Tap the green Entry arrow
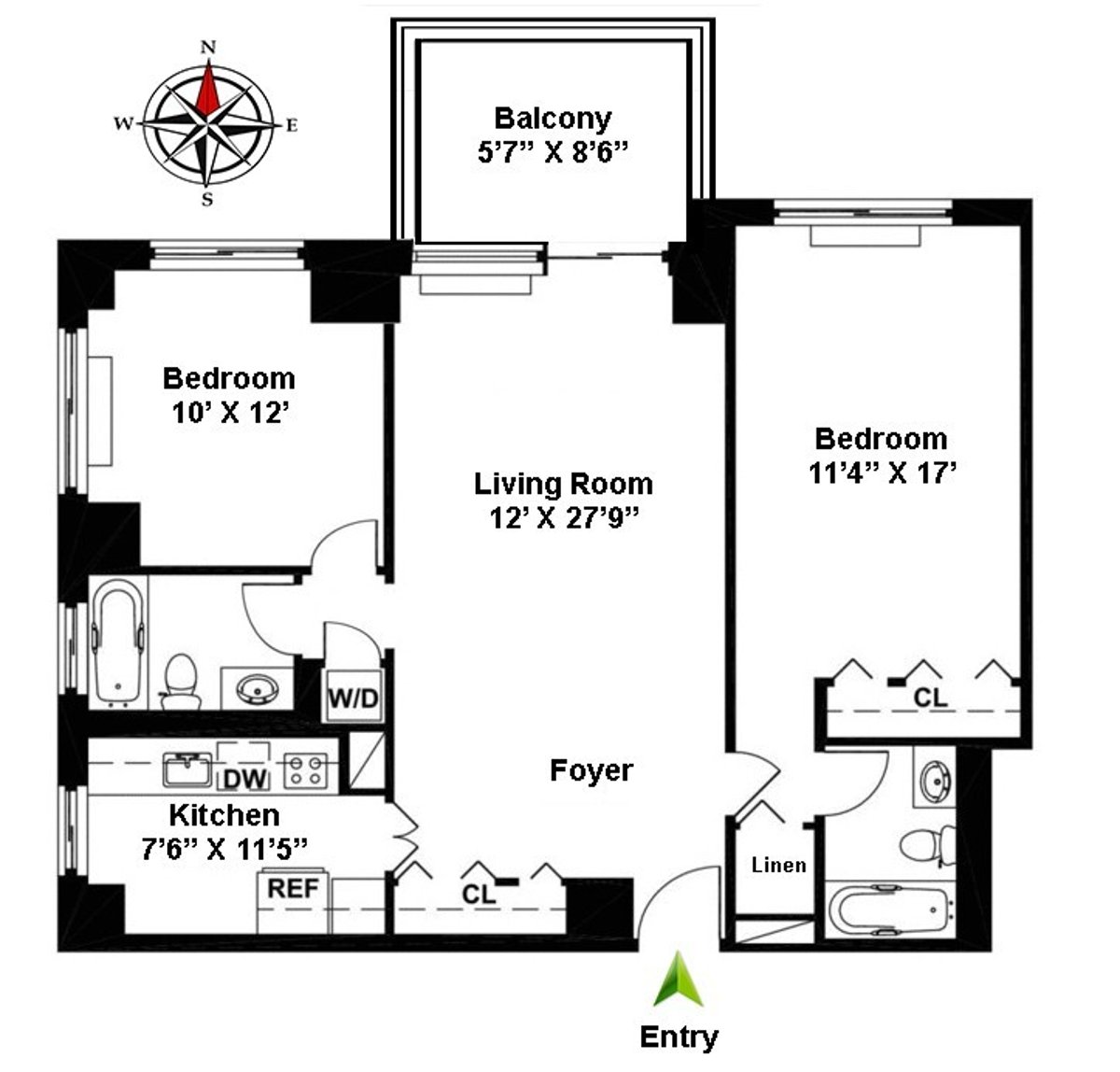coord(679,980)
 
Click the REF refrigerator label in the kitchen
coord(293,888)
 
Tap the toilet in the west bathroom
coord(179,679)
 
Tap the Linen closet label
coord(778,865)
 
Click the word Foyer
coord(591,770)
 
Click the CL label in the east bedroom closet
coord(930,697)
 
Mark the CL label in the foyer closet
coord(479,895)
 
